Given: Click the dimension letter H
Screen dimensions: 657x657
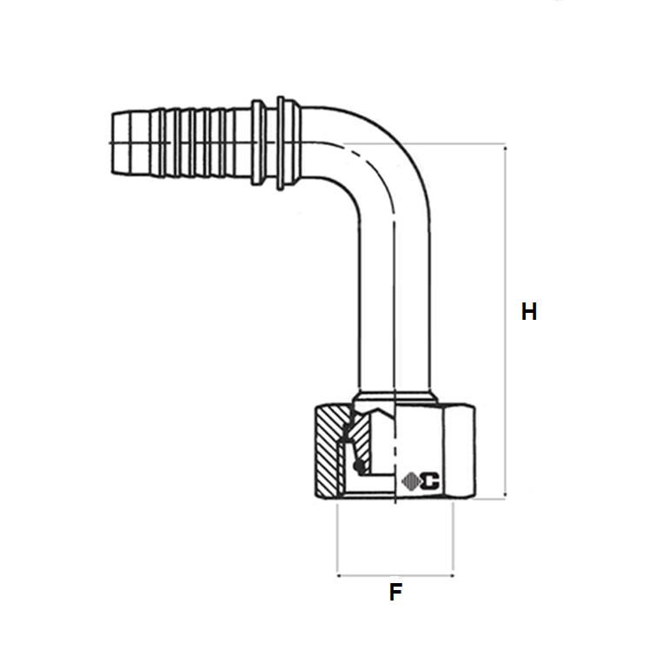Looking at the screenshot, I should (528, 311).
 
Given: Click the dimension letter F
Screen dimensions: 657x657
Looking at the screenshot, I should (395, 594).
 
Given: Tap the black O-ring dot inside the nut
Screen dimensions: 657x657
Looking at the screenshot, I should (358, 468).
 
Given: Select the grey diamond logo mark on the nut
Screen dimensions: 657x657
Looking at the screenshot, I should (412, 478).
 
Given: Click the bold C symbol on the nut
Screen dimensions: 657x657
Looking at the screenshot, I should (431, 478).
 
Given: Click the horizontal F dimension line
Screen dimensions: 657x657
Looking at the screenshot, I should (395, 574).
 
